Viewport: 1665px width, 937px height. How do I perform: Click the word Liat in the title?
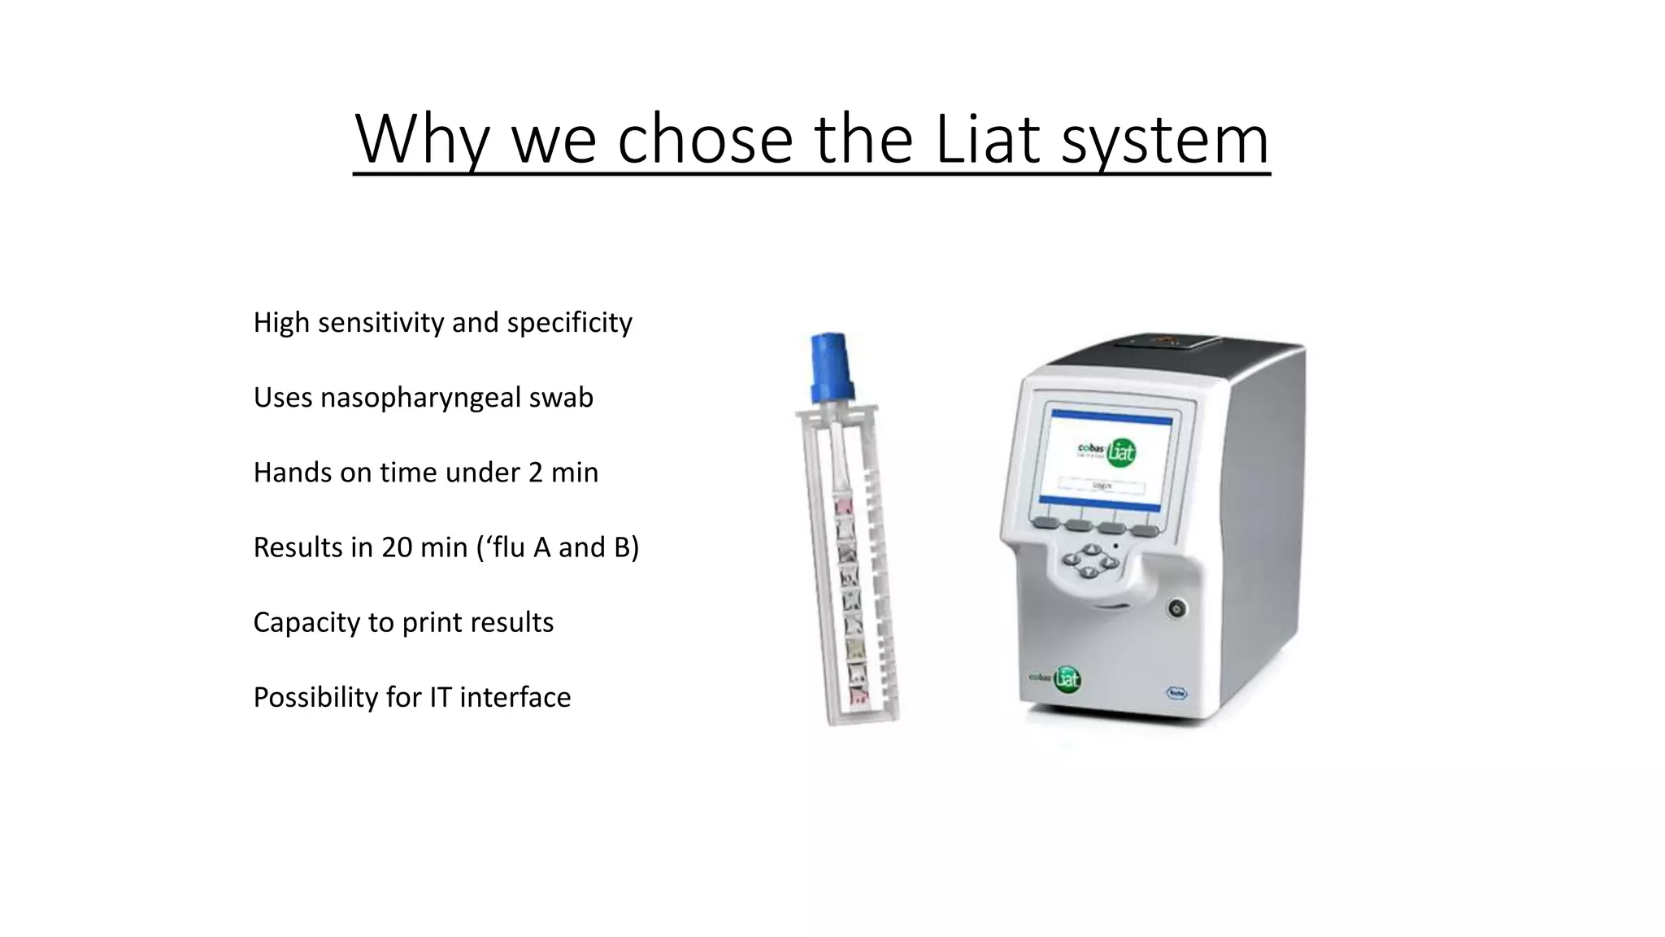pos(988,139)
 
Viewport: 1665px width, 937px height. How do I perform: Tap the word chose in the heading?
pos(704,139)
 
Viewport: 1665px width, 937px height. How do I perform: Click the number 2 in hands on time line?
pos(535,473)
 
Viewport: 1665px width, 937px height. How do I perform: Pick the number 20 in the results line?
pos(397,547)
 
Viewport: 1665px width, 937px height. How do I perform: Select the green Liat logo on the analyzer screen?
pos(1120,451)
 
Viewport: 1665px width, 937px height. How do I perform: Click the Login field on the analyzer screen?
pos(1102,486)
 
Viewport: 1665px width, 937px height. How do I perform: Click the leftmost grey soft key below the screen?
pos(1046,523)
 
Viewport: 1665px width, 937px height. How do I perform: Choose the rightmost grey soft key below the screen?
pos(1145,530)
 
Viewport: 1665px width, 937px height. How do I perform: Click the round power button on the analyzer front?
pos(1176,608)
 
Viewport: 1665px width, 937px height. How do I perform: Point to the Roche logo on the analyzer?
pos(1176,693)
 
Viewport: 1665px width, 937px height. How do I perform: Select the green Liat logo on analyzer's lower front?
pos(1067,678)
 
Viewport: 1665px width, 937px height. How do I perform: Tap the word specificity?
pos(569,323)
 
